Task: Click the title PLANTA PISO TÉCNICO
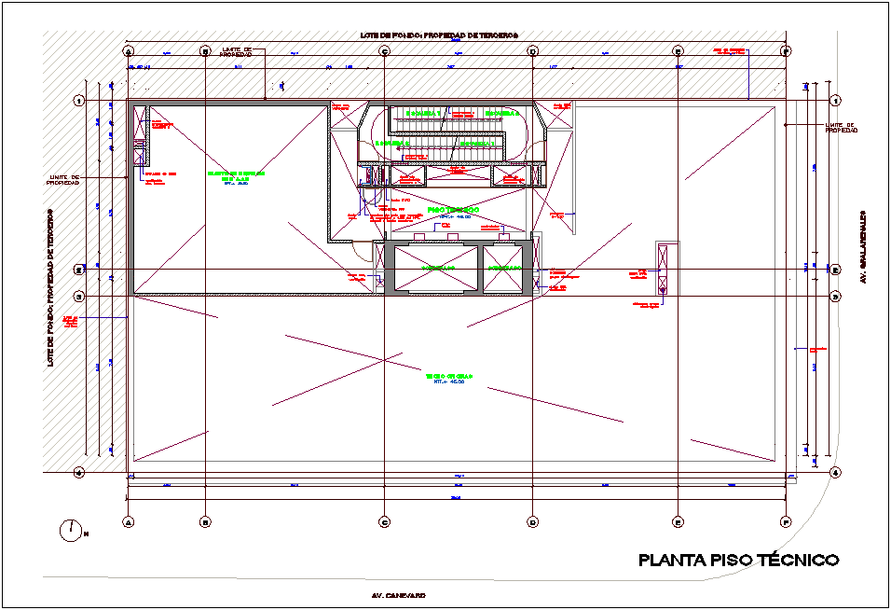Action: point(738,561)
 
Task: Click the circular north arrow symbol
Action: point(71,531)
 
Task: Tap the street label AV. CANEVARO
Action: point(399,594)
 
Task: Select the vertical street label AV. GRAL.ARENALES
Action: point(864,246)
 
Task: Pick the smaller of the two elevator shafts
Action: point(504,268)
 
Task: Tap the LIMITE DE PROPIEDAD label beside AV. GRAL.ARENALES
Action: point(841,128)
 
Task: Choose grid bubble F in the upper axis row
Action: point(787,52)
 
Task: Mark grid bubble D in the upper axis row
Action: point(532,52)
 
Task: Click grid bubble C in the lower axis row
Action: point(384,521)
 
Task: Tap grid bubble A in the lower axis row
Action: point(128,521)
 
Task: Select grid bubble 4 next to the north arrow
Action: point(79,473)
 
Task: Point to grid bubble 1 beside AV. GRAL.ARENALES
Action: point(835,101)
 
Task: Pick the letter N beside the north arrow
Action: point(86,534)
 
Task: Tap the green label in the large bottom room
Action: point(450,377)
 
